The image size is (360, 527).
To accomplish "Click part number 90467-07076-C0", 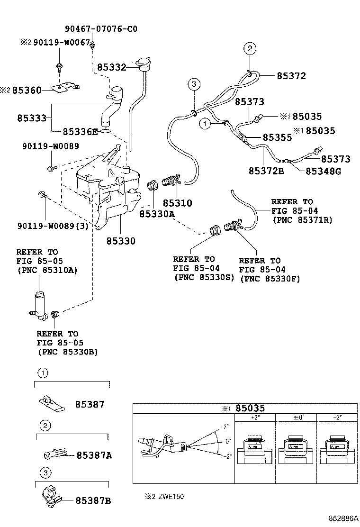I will click(101, 29).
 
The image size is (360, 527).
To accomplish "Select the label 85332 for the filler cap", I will click(111, 68).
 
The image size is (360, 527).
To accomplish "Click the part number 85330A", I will click(157, 214).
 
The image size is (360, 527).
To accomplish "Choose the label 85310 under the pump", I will click(177, 203).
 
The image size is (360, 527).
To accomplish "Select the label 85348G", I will click(323, 171).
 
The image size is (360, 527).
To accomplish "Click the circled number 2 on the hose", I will click(250, 48).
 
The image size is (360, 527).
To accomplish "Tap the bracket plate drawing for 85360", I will click(66, 88).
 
